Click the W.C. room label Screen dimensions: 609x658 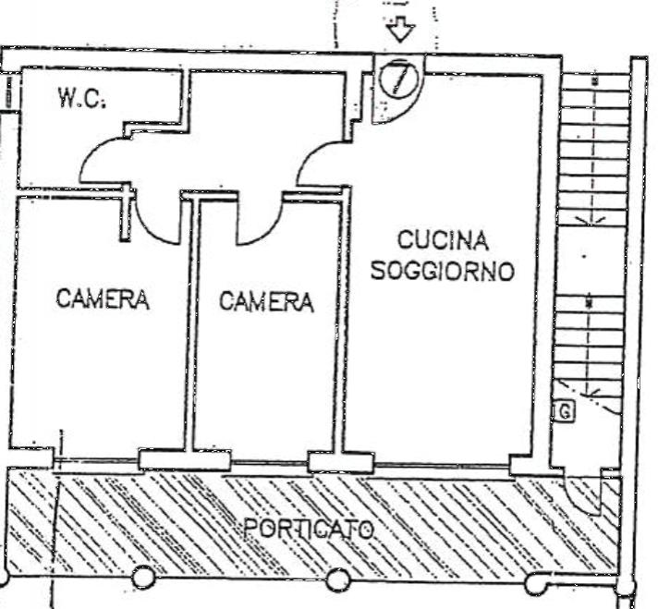point(83,99)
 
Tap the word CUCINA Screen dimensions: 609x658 point(443,241)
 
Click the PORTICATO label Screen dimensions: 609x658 point(310,529)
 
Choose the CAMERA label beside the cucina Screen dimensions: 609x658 point(266,301)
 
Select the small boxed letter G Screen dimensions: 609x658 point(563,412)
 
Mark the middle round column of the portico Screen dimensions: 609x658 point(339,579)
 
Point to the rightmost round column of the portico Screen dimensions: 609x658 point(535,582)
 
